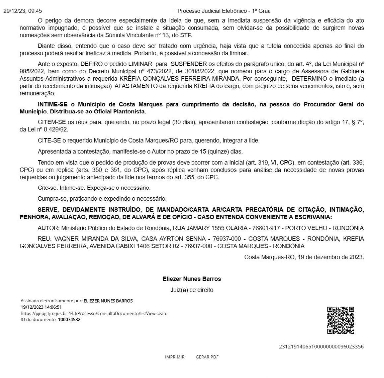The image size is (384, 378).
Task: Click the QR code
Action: [341, 320]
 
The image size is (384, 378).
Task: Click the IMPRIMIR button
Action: [175, 357]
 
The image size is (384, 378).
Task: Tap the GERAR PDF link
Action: [207, 357]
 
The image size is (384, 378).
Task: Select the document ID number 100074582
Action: [69, 320]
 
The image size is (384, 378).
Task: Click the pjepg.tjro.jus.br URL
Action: [94, 313]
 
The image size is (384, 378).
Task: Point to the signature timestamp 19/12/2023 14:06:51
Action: [41, 307]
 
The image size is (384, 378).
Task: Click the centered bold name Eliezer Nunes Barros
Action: [192, 279]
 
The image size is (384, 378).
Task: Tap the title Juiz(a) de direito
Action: [192, 290]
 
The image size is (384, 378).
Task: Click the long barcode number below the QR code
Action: [321, 347]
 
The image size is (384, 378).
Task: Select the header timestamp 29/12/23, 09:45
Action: [23, 11]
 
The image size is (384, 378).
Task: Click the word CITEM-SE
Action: [50, 122]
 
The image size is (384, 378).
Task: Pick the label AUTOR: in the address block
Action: [49, 228]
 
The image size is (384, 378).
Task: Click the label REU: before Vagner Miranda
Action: [45, 239]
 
